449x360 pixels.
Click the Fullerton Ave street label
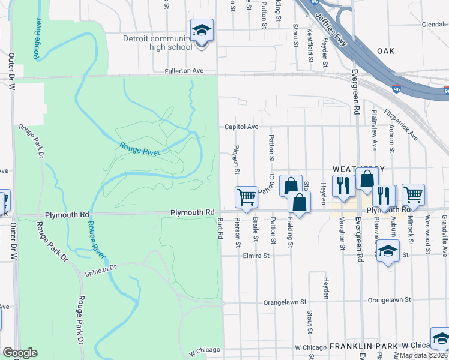click(x=184, y=71)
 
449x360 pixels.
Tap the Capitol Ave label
click(x=241, y=127)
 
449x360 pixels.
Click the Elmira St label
click(x=256, y=255)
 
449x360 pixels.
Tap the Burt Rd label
click(x=220, y=230)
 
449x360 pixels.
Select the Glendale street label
click(x=435, y=25)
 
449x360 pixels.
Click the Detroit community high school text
click(x=158, y=43)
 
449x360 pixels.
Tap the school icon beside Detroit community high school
click(x=202, y=31)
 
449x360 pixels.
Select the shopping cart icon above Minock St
click(x=413, y=194)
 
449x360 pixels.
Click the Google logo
click(x=20, y=353)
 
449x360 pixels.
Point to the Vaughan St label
click(x=342, y=237)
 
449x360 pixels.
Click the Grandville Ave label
click(x=445, y=228)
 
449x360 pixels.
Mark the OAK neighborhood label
click(x=386, y=51)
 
